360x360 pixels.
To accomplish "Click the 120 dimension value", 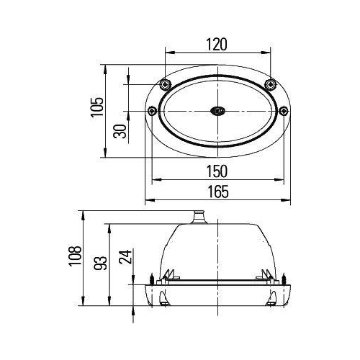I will [x=217, y=45].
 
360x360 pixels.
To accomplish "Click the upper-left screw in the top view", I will [x=166, y=85].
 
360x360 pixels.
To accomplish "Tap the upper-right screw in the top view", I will [x=271, y=85].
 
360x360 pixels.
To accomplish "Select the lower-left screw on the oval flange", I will [x=152, y=110].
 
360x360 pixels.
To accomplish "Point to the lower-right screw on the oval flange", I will [x=283, y=110].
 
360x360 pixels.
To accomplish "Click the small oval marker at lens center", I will [x=217, y=111].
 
